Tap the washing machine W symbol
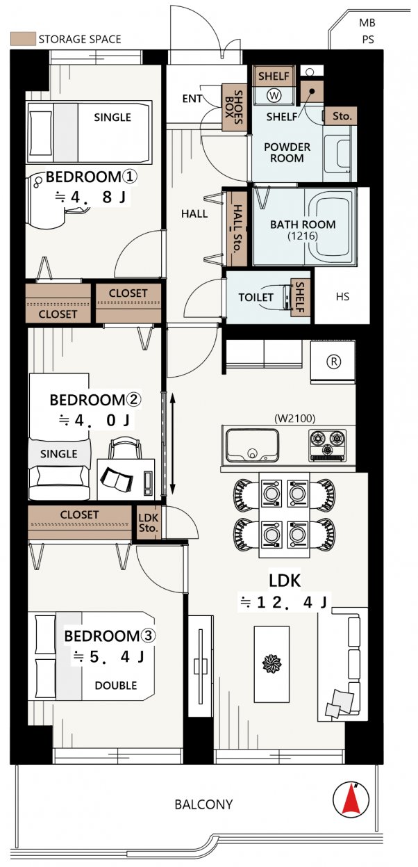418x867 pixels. point(274,95)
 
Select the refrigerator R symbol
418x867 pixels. point(334,362)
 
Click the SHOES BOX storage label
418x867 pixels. point(234,108)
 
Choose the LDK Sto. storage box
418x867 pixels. point(149,523)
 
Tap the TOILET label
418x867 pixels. point(256,298)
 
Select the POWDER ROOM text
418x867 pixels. point(287,152)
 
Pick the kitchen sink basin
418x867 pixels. point(253,445)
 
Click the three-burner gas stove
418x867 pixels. point(327,445)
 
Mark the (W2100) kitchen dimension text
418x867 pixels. point(294,418)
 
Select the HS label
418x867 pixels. point(342,297)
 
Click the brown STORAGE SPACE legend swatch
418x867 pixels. point(23,39)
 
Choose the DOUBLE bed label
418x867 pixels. point(116,686)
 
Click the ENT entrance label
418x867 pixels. point(192,99)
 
